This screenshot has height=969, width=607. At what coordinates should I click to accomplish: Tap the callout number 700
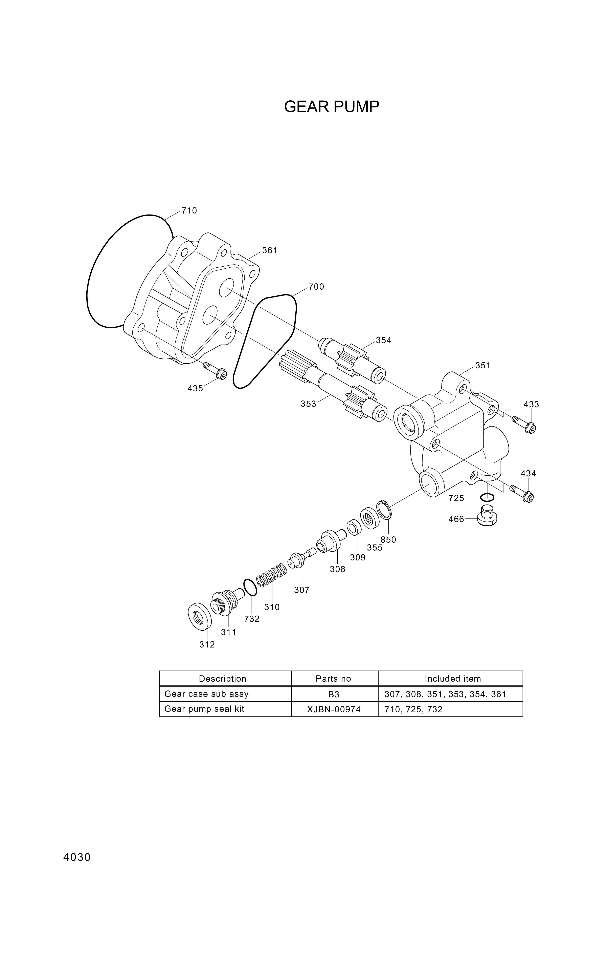pyautogui.click(x=316, y=287)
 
